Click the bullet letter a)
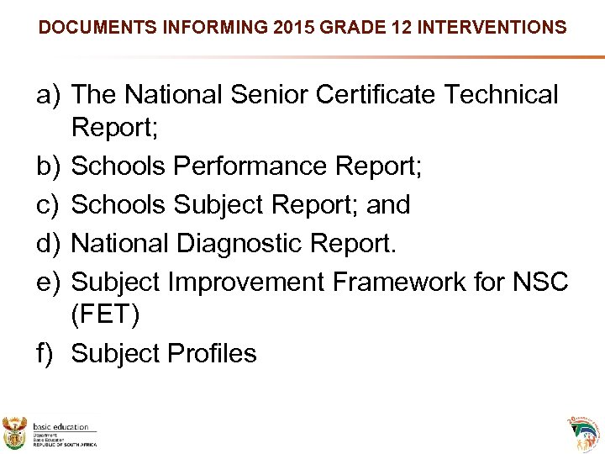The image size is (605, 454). click(50, 95)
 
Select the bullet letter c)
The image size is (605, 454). click(50, 204)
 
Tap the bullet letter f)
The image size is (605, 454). click(49, 353)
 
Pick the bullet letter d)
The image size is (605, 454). click(50, 243)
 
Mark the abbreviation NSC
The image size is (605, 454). click(539, 282)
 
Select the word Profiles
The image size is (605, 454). click(211, 353)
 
